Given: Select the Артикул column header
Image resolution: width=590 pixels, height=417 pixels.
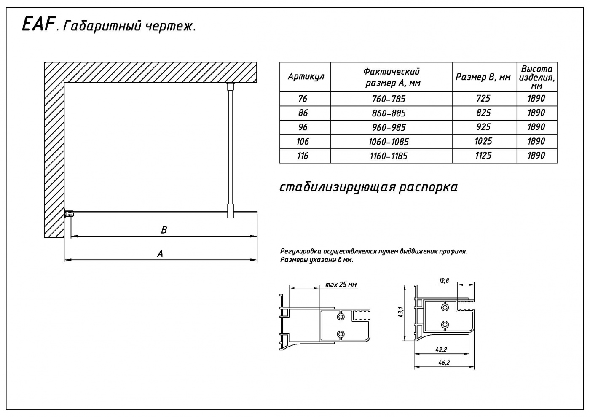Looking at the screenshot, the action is (x=306, y=77).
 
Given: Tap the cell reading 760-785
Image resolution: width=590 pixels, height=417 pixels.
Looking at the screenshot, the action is (x=389, y=99).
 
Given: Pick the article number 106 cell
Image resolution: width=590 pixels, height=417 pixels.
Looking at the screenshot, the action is (x=303, y=142).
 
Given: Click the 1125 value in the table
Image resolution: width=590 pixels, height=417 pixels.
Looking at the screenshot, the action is (x=483, y=156).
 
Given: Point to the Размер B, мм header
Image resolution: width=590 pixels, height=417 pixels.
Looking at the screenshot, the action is (x=483, y=77).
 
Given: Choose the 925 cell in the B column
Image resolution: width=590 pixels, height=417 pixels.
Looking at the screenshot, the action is (x=483, y=127).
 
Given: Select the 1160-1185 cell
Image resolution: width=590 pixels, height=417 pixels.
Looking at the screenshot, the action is (x=389, y=156).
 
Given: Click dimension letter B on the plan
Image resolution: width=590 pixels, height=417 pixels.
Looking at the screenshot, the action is (x=164, y=230).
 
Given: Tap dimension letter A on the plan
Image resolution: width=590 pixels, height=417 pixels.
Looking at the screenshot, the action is (x=160, y=253).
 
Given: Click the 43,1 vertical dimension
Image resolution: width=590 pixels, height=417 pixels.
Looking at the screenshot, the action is (x=401, y=312).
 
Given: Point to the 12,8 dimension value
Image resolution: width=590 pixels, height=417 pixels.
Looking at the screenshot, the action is (x=444, y=281).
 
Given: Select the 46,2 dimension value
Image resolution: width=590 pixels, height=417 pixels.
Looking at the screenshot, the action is (x=444, y=363).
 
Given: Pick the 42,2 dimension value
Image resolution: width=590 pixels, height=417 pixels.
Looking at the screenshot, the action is (x=442, y=350).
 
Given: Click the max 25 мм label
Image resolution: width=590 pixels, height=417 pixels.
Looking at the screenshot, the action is (x=341, y=285).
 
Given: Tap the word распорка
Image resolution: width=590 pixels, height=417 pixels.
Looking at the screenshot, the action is (x=428, y=188).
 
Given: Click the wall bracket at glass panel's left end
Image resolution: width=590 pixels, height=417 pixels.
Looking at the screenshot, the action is (x=69, y=213).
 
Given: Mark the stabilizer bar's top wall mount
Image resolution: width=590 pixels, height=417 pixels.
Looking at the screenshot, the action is (x=231, y=86).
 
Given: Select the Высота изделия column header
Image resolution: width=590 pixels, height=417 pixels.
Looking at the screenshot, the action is (x=536, y=77).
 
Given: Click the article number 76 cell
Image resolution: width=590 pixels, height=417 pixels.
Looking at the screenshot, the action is (x=303, y=99).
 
